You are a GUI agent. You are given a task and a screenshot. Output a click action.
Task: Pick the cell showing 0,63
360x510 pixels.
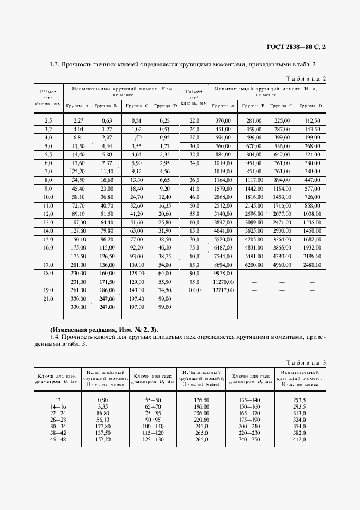point(106,120)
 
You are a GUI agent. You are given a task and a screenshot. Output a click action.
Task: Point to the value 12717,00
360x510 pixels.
point(223,290)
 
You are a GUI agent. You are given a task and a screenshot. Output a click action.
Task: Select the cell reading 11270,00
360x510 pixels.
point(223,282)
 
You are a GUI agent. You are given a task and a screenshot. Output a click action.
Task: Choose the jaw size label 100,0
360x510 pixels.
point(194,290)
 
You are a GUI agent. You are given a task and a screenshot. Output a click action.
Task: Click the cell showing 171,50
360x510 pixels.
point(106,282)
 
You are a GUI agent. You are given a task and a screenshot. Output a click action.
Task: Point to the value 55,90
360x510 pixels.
point(164,282)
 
